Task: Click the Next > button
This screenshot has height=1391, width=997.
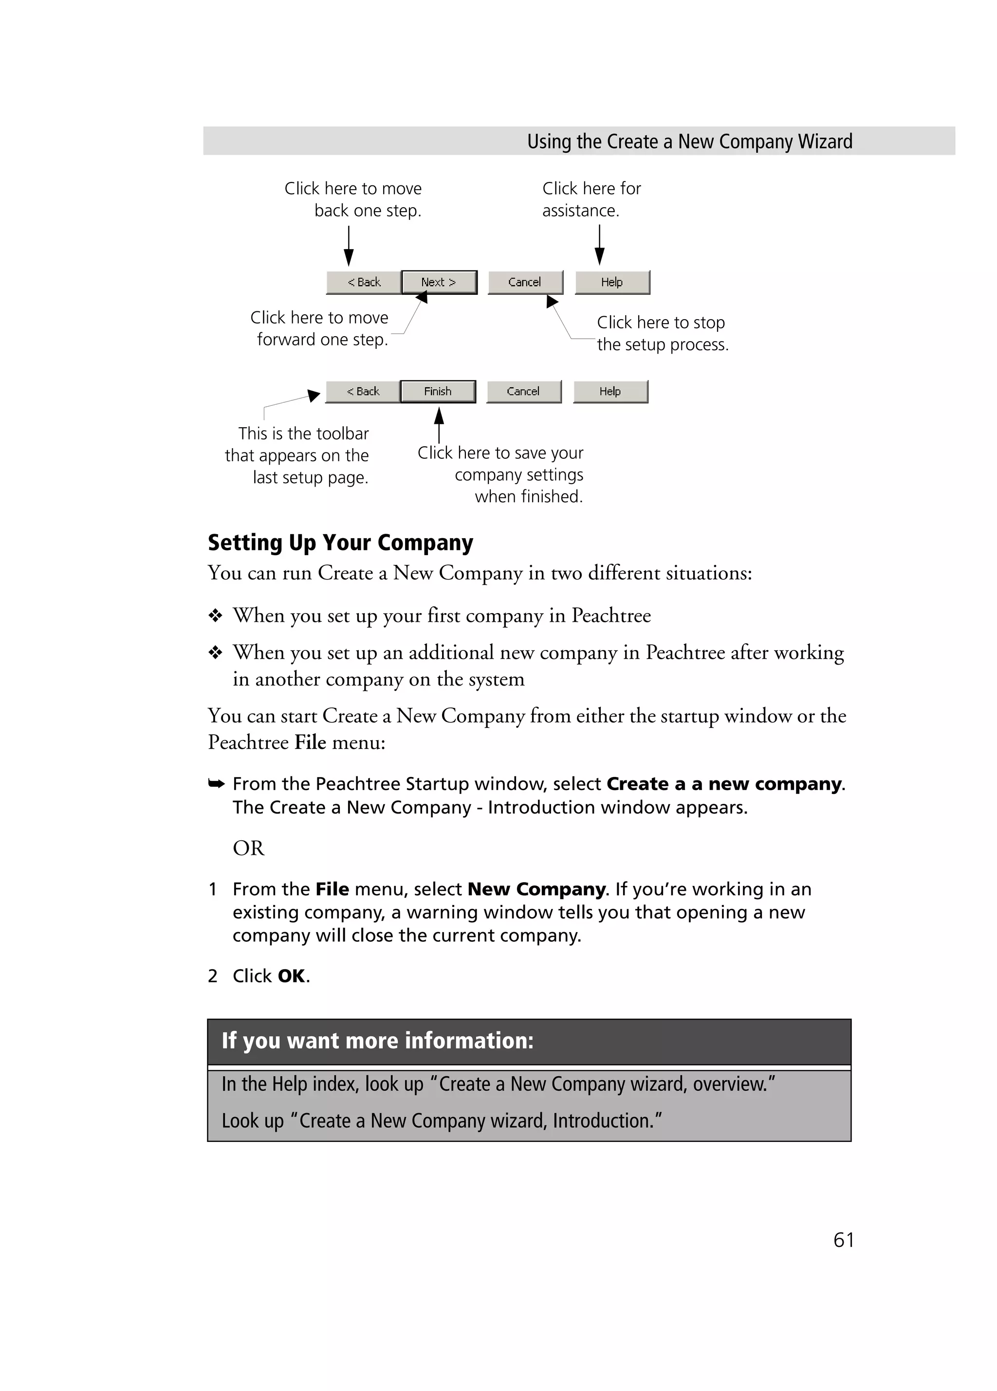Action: click(439, 282)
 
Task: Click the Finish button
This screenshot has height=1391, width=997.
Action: click(438, 391)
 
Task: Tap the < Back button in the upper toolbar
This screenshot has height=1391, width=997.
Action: click(364, 282)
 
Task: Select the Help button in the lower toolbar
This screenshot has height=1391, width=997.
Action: click(610, 391)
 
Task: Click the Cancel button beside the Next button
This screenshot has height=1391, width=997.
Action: click(525, 282)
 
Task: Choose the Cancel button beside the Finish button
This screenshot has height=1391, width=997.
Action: click(523, 391)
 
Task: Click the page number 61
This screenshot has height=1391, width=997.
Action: click(843, 1240)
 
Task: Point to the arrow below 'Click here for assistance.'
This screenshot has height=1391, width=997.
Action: click(599, 245)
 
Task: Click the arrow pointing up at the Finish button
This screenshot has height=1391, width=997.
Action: click(439, 424)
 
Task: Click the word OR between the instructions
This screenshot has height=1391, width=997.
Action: click(248, 848)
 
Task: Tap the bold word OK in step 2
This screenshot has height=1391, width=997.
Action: click(292, 976)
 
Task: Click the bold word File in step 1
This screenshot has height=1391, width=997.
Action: click(332, 889)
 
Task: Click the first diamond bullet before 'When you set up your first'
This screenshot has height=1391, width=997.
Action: click(215, 615)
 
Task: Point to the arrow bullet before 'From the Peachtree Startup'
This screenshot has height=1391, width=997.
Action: click(216, 783)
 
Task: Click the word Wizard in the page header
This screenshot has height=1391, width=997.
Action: click(825, 142)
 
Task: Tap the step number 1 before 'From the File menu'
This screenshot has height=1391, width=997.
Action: click(212, 889)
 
